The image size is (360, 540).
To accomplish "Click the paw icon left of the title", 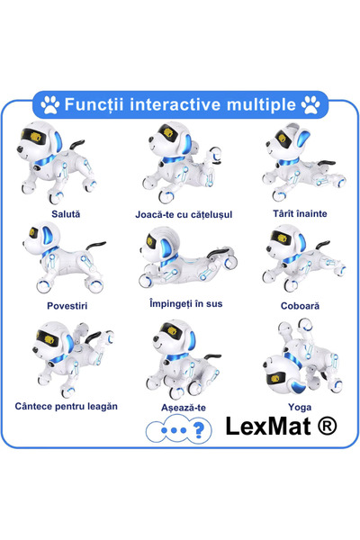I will click(49, 104).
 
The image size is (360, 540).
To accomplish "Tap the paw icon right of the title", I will click(310, 104).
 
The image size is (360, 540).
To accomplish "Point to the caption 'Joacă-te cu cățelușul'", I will click(184, 215).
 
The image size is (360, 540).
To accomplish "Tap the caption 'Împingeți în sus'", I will click(184, 304).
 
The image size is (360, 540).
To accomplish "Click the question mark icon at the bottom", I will click(201, 430).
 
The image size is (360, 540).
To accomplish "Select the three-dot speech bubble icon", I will click(166, 430).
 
